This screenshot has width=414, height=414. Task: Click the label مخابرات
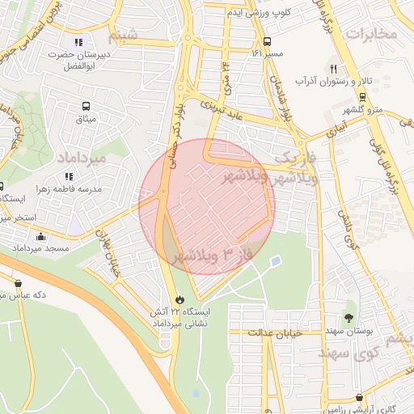372,34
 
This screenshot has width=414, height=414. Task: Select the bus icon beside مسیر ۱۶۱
267,42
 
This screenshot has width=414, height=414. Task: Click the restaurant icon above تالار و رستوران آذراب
333,69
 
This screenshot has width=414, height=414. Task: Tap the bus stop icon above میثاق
86,106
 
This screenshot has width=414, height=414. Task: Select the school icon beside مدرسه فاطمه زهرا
70,175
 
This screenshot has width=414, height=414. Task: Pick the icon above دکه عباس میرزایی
18,283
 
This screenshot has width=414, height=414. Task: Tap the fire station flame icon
179,298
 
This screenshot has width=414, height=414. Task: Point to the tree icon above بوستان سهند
349,317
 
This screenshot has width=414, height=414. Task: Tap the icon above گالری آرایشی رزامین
358,397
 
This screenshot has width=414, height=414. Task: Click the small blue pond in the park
275,262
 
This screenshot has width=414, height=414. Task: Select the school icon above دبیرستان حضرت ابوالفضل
78,42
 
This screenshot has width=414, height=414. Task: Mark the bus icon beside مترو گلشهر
362,95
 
